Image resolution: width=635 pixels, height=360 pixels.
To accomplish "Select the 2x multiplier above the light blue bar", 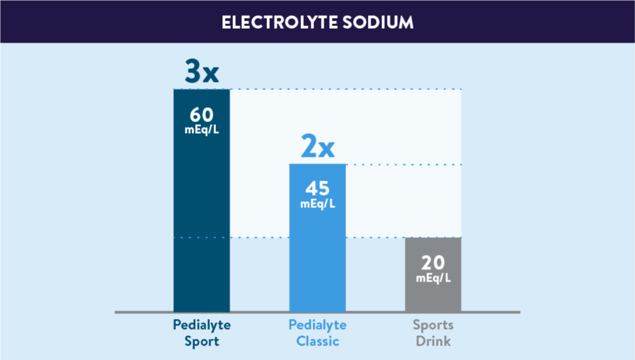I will coord(317,147).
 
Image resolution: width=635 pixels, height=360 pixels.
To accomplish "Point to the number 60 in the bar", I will coord(202,114).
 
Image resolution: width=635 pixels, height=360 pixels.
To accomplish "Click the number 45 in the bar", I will coord(317,189).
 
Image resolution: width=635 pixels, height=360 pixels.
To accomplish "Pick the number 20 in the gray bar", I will coord(433,262).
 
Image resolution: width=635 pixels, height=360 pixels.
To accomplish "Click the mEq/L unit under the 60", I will coord(202,130).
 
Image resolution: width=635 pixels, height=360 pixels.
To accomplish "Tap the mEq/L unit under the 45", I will coord(317,204).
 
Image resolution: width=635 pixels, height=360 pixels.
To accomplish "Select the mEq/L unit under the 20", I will coord(433,277).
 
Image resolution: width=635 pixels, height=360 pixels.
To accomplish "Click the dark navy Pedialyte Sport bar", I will coord(202,225).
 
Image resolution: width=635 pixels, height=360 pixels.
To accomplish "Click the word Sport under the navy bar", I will coord(202,341).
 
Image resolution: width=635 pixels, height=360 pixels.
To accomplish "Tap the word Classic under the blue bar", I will coord(317,341).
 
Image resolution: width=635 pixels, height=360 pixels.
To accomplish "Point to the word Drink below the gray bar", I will coord(433,341).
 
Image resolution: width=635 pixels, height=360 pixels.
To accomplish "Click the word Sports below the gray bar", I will coord(433,325).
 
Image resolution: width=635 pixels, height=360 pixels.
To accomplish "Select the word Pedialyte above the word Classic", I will coord(317,325).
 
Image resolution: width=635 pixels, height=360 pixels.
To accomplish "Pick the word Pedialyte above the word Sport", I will coord(202,325).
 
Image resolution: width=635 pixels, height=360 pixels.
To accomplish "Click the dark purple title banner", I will coord(102,22).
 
